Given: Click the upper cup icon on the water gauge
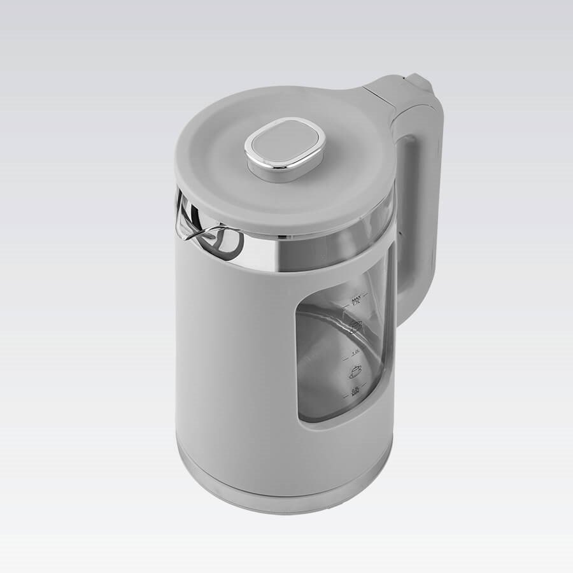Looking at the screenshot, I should [x=355, y=326].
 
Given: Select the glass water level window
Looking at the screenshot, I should [x=337, y=357].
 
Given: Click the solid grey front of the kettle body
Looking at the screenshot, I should [x=236, y=357].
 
